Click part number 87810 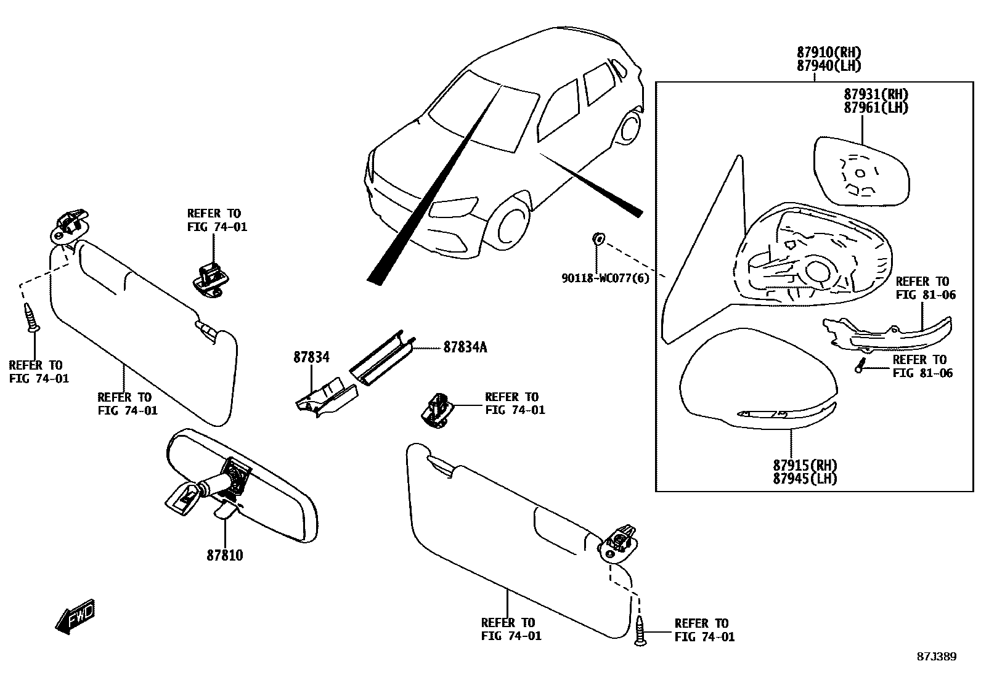tap(224, 555)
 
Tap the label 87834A tap(465, 347)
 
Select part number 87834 tap(311, 357)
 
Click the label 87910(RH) tap(828, 52)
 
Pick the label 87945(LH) tap(805, 478)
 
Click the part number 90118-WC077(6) tap(605, 278)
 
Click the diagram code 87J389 tap(935, 657)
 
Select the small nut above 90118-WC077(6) tap(597, 238)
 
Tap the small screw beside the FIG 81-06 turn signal tap(860, 366)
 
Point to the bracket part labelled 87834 tap(325, 398)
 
